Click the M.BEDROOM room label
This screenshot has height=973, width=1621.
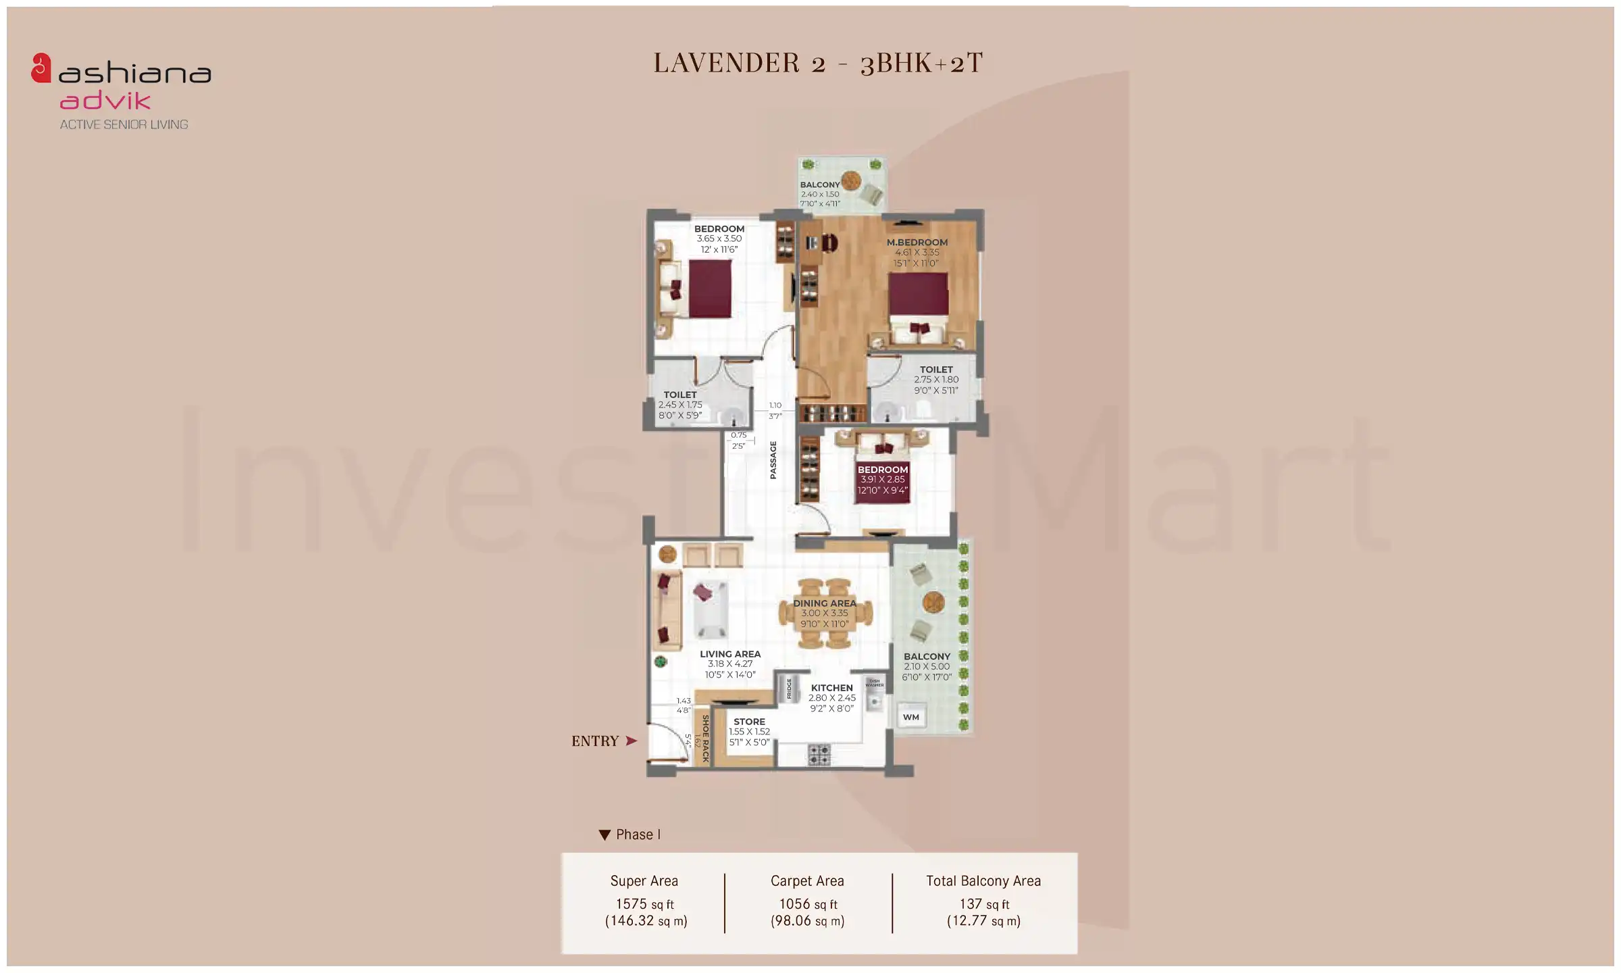point(917,242)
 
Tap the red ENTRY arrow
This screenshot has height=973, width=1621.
point(631,741)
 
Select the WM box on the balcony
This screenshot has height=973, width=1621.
point(910,717)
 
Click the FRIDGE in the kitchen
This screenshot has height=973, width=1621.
point(788,689)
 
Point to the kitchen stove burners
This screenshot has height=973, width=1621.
point(819,755)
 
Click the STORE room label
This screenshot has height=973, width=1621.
point(749,722)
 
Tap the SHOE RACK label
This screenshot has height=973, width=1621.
point(705,739)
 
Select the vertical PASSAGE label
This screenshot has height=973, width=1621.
point(773,460)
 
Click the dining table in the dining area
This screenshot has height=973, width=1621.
point(825,614)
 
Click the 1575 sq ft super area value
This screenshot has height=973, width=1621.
point(644,904)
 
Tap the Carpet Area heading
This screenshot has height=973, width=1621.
point(807,881)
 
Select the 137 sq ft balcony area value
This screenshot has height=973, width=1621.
point(983,904)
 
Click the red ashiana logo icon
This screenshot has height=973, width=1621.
point(41,68)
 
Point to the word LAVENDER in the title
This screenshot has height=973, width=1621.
point(726,63)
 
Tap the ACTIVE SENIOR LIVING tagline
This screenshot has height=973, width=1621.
point(124,124)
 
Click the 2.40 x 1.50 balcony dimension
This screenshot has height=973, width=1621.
point(820,194)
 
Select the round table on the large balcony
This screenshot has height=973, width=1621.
point(933,601)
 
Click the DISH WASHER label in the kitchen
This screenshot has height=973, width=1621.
point(874,683)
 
